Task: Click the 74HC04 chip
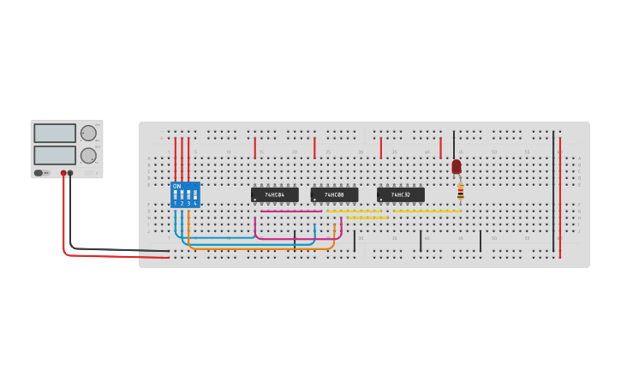(274, 194)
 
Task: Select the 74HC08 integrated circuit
(334, 194)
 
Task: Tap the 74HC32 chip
(400, 194)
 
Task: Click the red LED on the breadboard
(457, 166)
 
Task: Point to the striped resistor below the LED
(460, 191)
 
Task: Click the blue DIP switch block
(185, 195)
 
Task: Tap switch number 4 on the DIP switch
(195, 196)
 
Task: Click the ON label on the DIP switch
(176, 186)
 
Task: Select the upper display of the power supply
(55, 133)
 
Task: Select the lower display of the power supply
(55, 155)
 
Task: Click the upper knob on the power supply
(88, 133)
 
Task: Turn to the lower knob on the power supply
(88, 156)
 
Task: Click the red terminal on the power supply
(63, 173)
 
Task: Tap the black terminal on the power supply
(70, 173)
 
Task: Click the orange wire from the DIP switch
(257, 249)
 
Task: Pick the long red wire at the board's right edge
(560, 197)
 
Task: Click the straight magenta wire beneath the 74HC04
(291, 211)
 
